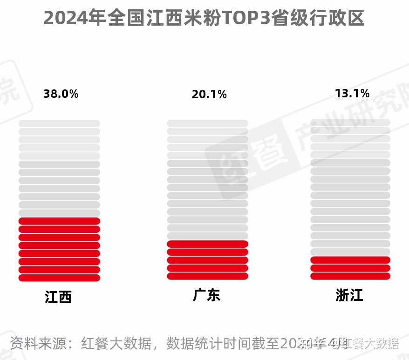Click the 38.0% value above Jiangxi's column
click(61, 94)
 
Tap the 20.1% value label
click(209, 95)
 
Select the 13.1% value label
click(352, 94)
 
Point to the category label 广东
click(206, 295)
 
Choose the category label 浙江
click(349, 295)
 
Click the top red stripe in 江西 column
click(59, 221)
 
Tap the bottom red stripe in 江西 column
click(59, 278)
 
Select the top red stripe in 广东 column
click(207, 244)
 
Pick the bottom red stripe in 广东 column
click(207, 276)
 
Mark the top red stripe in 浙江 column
click(350, 260)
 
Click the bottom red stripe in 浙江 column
click(350, 276)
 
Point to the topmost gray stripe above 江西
click(59, 123)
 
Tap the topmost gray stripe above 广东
click(207, 123)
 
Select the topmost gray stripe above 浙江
click(350, 122)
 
